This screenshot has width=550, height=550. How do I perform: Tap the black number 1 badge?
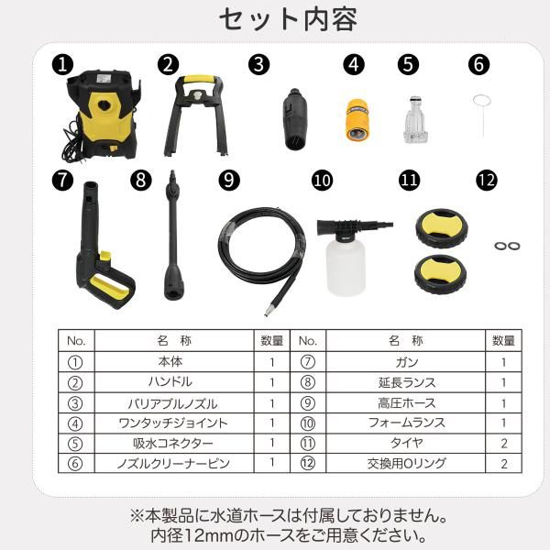click(x=61, y=64)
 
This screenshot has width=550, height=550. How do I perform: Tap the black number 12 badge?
click(x=487, y=179)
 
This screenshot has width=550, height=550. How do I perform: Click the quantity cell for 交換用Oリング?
click(x=503, y=464)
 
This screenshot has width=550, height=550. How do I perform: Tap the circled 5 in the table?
click(x=75, y=444)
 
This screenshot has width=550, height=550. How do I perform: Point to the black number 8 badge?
click(x=140, y=179)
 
